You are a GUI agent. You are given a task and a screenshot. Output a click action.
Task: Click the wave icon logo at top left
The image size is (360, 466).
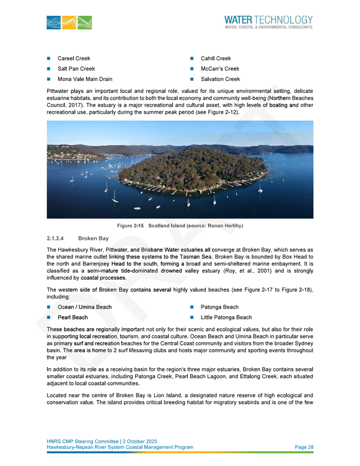[69, 22]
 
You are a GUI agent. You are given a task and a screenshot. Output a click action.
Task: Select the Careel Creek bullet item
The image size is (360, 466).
[74, 58]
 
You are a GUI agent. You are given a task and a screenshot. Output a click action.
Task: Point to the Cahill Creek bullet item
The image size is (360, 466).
[215, 58]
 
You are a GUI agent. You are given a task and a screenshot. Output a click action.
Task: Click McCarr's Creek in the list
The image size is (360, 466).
[220, 69]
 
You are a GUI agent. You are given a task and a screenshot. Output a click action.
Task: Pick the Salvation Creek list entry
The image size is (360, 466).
[220, 79]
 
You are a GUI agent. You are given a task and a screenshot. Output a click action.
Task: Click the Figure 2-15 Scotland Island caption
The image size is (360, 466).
[180, 226]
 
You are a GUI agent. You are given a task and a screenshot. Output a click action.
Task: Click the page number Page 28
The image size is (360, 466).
[304, 446]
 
